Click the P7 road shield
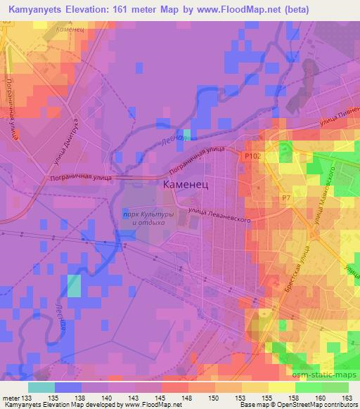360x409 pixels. (x=286, y=199)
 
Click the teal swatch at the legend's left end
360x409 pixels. (x=41, y=387)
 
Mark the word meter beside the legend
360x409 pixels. (x=11, y=398)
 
